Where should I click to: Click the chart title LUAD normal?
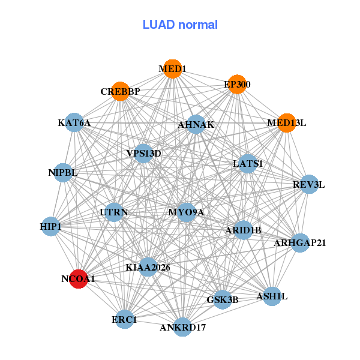[180, 25]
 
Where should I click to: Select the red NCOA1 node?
[79, 279]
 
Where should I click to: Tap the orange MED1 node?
[172, 69]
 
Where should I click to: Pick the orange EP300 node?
[236, 85]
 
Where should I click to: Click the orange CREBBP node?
[120, 91]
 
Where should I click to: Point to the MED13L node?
[286, 123]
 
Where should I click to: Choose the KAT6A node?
[74, 123]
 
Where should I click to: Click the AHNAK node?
[196, 125]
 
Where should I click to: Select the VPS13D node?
[143, 153]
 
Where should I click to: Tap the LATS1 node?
[248, 163]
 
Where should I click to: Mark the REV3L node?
[308, 184]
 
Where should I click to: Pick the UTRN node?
[113, 212]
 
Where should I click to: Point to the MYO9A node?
[187, 212]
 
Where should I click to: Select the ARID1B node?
[242, 230]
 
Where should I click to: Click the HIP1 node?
[51, 226]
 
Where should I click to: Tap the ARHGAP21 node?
[300, 243]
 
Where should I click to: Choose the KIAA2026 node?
[148, 266]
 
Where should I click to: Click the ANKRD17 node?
[183, 327]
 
